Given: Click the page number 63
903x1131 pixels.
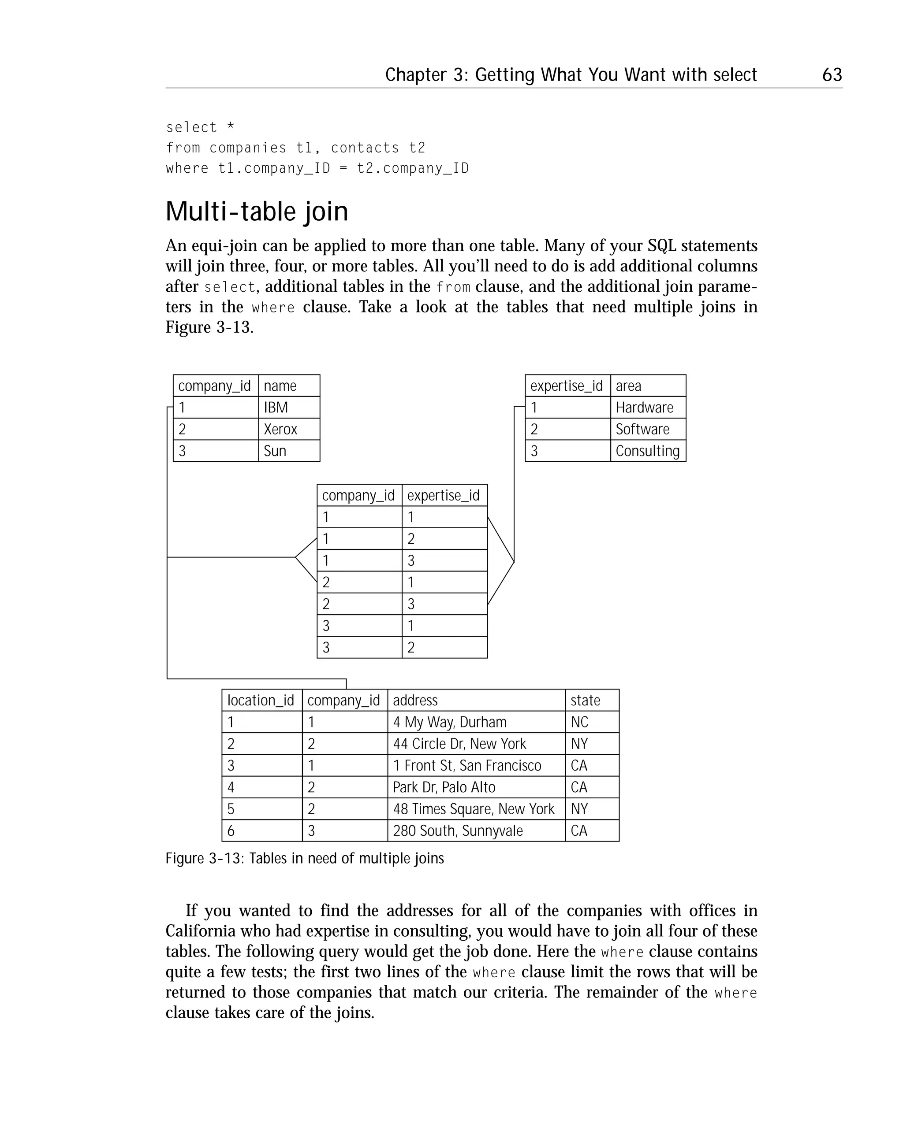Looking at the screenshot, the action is [832, 74].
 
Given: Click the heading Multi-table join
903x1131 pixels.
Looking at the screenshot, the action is [257, 211].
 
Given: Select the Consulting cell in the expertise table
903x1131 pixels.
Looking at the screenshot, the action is [647, 451].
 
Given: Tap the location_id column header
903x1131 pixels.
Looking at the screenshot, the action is [261, 700].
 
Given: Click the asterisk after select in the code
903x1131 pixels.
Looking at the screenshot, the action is [231, 126].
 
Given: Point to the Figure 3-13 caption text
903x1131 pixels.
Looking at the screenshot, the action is [305, 858].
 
